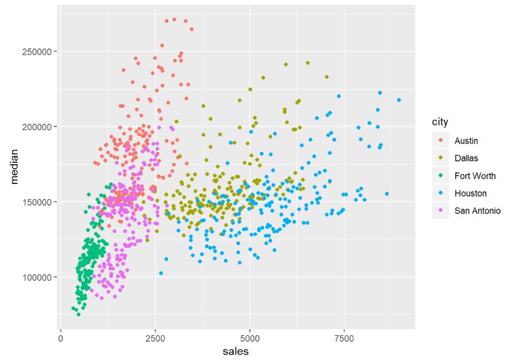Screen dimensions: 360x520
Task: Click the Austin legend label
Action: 466,140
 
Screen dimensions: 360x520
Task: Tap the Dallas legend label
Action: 466,158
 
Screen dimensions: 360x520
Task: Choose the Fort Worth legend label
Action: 475,175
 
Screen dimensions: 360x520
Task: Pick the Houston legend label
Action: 470,193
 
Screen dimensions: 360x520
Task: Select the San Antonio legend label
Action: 477,211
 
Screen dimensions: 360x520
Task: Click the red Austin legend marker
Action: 440,140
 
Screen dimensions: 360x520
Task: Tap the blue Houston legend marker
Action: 440,193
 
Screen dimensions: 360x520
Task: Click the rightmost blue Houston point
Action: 399,100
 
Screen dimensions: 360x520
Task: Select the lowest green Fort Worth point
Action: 78,314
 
